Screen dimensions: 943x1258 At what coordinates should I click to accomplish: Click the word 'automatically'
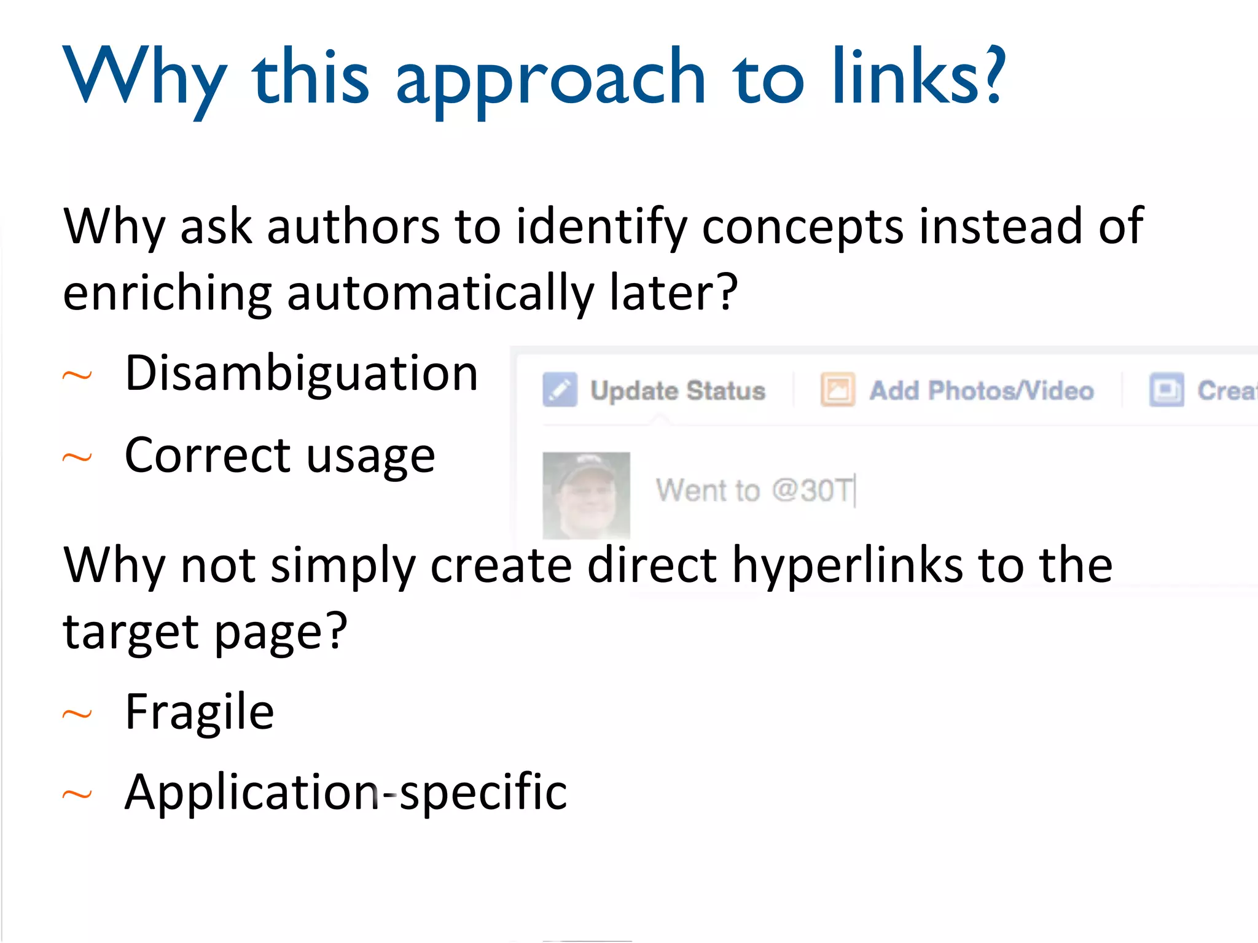pyautogui.click(x=440, y=293)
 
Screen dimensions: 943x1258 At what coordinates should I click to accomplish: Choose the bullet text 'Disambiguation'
pyautogui.click(x=301, y=373)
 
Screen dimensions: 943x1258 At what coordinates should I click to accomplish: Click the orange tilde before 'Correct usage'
pyautogui.click(x=77, y=457)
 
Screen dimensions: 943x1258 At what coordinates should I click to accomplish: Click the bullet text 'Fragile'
pyautogui.click(x=199, y=712)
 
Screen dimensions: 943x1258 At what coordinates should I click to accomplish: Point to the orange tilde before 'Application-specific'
pyautogui.click(x=77, y=795)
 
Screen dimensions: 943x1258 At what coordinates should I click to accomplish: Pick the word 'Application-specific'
pyautogui.click(x=346, y=793)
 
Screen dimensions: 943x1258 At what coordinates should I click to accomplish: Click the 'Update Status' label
pyautogui.click(x=678, y=390)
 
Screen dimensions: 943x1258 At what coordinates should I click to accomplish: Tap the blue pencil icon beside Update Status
pyautogui.click(x=560, y=389)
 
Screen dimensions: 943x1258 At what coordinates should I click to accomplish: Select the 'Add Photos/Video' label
pyautogui.click(x=981, y=390)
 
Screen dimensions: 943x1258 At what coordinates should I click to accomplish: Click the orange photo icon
pyautogui.click(x=837, y=389)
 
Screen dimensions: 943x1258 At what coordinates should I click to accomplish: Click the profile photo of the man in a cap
pyautogui.click(x=586, y=495)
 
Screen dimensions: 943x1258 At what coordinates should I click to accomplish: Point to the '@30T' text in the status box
pyautogui.click(x=812, y=490)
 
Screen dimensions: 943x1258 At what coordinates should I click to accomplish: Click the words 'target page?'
pyautogui.click(x=205, y=632)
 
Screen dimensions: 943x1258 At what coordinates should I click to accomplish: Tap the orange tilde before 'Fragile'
pyautogui.click(x=77, y=714)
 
